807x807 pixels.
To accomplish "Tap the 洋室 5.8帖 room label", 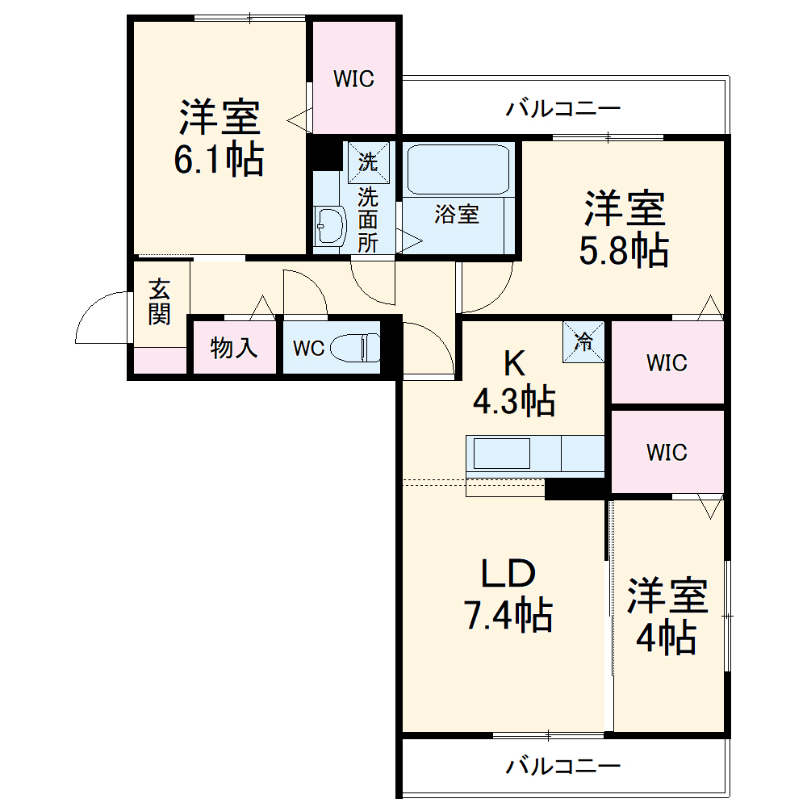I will pos(625,229).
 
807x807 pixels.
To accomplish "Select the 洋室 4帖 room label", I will pos(667,617).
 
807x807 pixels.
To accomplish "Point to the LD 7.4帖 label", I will pos(508,595).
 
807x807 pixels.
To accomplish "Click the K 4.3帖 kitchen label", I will pos(514,383).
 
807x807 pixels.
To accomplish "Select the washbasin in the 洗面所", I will pos(329,225).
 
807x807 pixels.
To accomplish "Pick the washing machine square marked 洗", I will pos(368,161).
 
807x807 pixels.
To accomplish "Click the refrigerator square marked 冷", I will pos(583,341).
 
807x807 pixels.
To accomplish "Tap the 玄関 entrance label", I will pos(159,301).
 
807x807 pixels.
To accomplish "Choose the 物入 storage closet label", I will pos(234,348).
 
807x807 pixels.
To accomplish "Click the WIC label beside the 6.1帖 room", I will pos(354,79).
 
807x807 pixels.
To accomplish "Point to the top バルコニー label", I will pos(563,108).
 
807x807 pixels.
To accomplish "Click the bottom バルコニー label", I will pos(563,764).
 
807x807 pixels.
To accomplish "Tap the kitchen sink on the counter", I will pos(501,454).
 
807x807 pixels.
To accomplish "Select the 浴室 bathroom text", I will pos(457,215).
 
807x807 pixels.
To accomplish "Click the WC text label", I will pos(308,349).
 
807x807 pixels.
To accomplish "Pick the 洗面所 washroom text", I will pos(368,220).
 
